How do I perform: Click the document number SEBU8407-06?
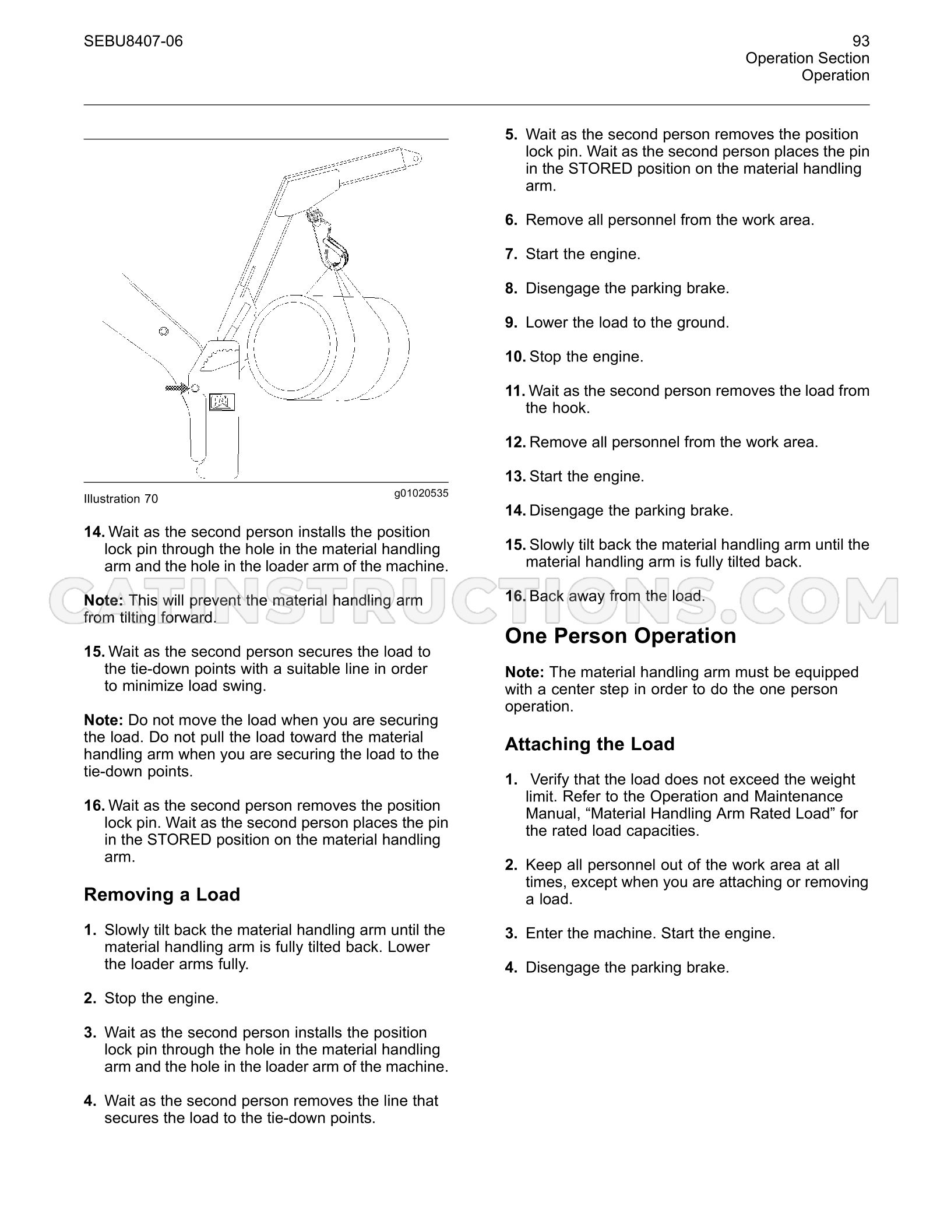coord(133,41)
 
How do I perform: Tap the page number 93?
coord(861,41)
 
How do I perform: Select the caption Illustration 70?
coord(121,499)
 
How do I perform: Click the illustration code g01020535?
coord(421,493)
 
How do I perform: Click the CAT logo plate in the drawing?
coord(221,402)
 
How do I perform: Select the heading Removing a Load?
coord(162,895)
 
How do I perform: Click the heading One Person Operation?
coord(621,636)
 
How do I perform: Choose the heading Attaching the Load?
coord(590,744)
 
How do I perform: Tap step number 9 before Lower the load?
coord(511,323)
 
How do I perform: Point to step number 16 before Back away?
coord(515,596)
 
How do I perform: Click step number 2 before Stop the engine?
coord(90,998)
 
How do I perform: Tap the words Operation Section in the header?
coord(808,58)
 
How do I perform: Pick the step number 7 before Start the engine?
coord(511,254)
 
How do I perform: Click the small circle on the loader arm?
coord(164,332)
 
